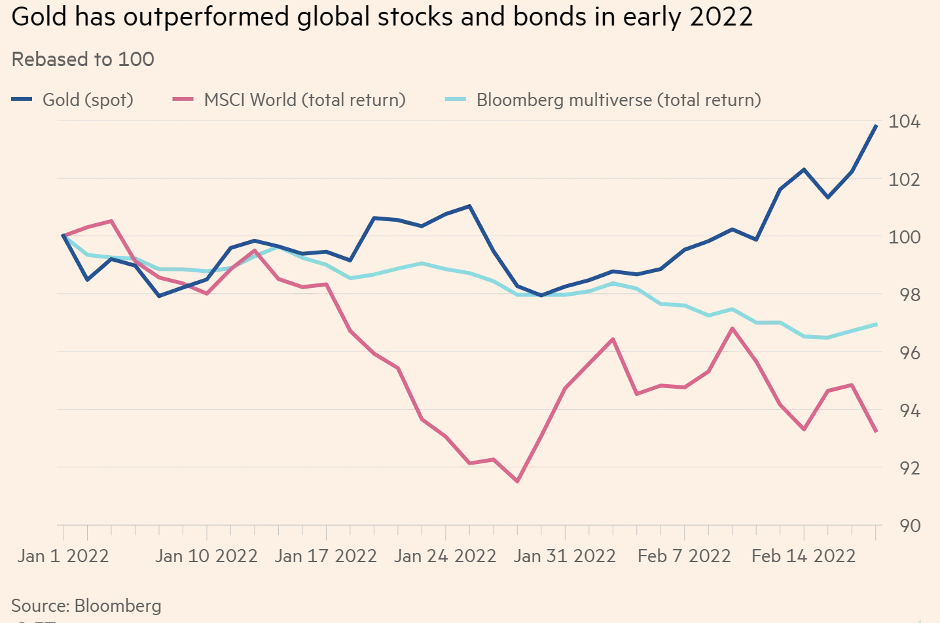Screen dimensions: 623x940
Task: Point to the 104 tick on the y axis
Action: (904, 122)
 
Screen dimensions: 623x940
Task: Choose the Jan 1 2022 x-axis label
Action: (63, 556)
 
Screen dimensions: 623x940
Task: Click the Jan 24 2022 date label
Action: (445, 556)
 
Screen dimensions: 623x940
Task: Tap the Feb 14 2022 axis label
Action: (803, 556)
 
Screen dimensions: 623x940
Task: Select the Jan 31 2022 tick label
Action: (564, 556)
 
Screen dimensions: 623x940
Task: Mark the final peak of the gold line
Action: (876, 125)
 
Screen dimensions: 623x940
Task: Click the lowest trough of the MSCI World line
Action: (517, 481)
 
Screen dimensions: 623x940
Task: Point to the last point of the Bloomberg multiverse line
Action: (876, 325)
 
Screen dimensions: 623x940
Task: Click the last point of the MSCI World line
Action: (876, 431)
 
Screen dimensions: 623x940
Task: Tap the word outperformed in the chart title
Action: (207, 17)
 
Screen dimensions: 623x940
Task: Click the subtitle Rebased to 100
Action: (83, 60)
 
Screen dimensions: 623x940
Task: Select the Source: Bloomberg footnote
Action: (86, 605)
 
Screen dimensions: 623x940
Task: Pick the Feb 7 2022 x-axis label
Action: (684, 556)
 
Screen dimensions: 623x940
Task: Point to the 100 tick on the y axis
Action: (904, 237)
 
